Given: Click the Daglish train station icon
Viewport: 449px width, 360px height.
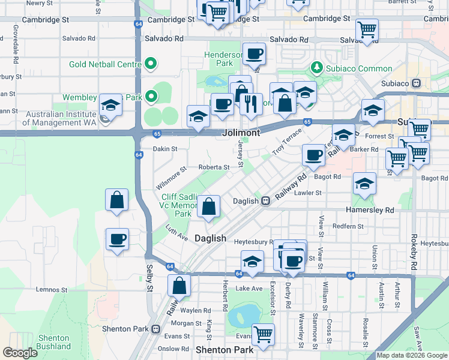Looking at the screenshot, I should [x=264, y=201].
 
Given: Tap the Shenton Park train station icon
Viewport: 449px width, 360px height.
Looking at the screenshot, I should [x=156, y=329].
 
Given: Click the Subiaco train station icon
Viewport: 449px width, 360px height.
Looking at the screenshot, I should [x=415, y=83].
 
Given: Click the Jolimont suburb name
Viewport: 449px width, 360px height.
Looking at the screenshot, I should [x=241, y=133].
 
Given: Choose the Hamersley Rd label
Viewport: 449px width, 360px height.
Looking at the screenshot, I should [x=370, y=210].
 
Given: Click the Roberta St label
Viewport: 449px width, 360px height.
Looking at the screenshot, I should [x=214, y=168].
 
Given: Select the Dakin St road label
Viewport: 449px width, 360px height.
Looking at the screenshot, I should [x=165, y=148].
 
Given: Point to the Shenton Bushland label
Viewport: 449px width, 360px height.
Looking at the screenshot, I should [x=37, y=343].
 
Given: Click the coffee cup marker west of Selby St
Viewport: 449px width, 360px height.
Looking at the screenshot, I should [x=117, y=239].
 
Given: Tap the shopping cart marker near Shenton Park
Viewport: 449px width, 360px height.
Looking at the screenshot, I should [x=263, y=334].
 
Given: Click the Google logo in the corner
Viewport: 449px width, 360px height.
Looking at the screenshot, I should [x=20, y=353].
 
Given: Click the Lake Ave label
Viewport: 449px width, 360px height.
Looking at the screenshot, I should [x=249, y=289].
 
